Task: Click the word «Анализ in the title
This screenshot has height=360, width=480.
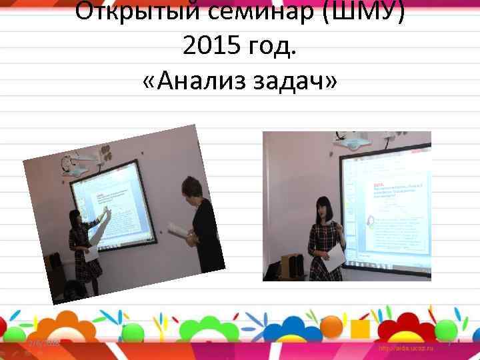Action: click(204, 83)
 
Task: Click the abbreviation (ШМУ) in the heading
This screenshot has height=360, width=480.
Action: click(363, 12)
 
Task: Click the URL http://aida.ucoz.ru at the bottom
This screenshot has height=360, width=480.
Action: click(406, 348)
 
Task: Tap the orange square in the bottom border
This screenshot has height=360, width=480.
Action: click(360, 329)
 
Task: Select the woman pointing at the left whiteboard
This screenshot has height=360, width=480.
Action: click(83, 250)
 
